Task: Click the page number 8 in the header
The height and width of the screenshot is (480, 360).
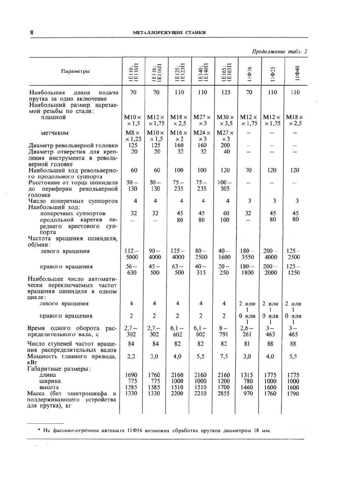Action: [x=32, y=32]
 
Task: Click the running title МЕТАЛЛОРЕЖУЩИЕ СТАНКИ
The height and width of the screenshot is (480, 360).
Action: [x=169, y=33]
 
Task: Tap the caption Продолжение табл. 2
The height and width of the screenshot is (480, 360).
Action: [x=279, y=51]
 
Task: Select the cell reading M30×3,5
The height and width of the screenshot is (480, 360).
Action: [x=225, y=120]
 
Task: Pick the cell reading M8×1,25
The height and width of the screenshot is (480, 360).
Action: [x=133, y=136]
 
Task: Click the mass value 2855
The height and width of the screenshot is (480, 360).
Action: [x=224, y=394]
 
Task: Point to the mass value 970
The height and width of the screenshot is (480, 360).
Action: [x=248, y=394]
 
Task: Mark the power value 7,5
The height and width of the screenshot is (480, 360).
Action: [x=224, y=356]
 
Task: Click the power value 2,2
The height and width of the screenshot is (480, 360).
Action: [x=131, y=356]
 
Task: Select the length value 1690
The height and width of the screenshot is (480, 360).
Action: [x=132, y=375]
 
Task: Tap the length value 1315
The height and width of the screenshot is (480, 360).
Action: [x=248, y=375]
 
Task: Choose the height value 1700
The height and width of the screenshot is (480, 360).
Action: [x=224, y=387]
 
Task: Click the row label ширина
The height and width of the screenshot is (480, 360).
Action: [x=50, y=381]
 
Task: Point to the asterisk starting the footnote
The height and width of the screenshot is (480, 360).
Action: [x=39, y=430]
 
